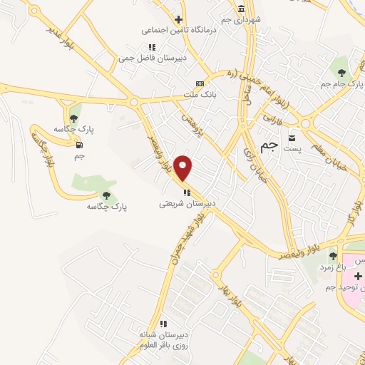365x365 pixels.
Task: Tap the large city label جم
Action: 268,145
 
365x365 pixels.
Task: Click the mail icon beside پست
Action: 292,137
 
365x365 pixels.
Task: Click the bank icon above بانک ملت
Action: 200,83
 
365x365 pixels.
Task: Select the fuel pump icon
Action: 78,145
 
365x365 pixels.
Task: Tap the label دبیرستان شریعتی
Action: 187,203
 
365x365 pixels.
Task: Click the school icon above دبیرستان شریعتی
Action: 187,192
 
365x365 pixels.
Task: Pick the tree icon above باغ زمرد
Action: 332,255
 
